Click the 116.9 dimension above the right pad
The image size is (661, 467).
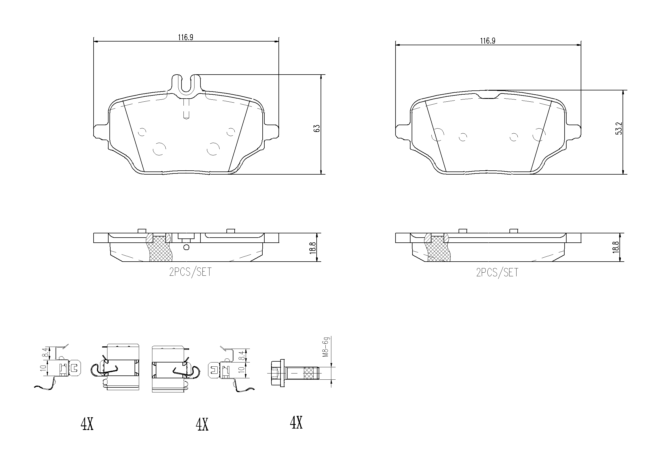487,41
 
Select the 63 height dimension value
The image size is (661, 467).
317,128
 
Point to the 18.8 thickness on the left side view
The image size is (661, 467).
314,247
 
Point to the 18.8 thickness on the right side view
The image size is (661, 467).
616,247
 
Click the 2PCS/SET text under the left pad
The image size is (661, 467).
190,272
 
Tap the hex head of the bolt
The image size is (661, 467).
277,373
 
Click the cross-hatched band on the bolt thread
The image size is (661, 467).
309,373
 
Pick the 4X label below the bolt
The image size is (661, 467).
296,423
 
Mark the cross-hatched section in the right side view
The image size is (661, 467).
438,249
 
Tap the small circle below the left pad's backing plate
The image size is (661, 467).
186,247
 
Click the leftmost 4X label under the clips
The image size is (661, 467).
87,424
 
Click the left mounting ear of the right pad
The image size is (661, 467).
403,132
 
